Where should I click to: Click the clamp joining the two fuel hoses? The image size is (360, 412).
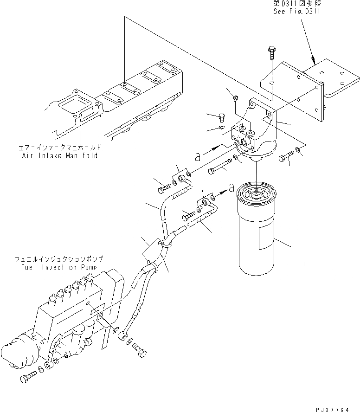coord(165,242)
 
